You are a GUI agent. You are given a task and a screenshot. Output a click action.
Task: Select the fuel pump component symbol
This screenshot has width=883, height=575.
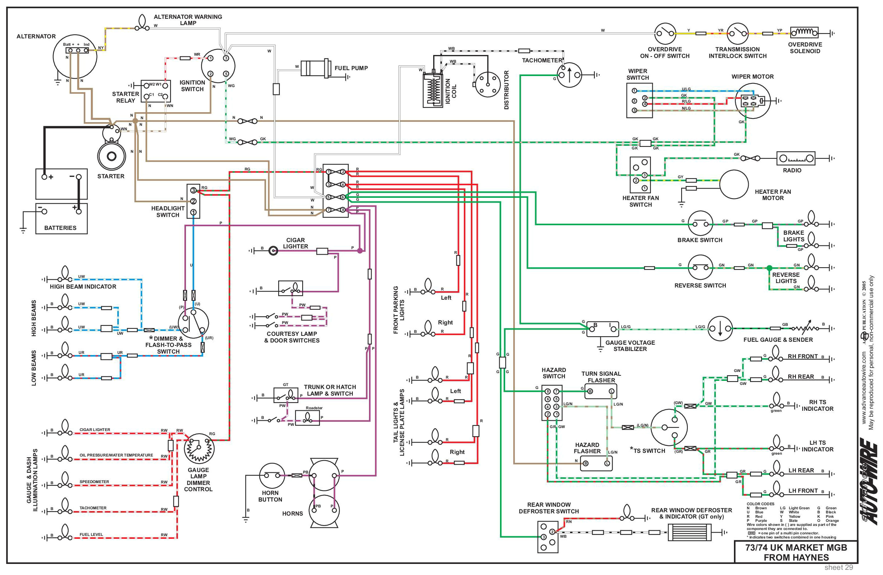tap(315, 68)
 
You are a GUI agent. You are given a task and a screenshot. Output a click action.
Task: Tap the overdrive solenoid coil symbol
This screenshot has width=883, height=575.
tap(804, 32)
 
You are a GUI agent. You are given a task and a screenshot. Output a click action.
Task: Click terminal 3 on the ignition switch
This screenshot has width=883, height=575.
tap(225, 58)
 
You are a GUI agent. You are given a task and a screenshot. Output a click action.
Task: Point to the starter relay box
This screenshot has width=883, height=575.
tap(156, 91)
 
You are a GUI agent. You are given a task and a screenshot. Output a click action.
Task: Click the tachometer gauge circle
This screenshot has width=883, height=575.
tap(569, 75)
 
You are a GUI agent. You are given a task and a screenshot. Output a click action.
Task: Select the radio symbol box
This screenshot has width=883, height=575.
tap(796, 159)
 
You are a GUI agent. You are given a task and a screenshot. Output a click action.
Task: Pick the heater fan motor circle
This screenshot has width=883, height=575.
tap(734, 185)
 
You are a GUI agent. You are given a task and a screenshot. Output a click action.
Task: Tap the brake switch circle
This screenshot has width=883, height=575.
tap(700, 224)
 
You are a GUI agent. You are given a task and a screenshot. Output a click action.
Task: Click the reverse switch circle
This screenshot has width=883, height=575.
tap(700, 268)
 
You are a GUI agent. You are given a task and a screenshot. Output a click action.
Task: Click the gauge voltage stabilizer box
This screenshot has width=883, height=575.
tap(602, 329)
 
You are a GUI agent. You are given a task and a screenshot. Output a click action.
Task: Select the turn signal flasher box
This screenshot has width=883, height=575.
tap(601, 391)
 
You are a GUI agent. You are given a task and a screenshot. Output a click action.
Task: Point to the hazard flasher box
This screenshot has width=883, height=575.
tap(596, 463)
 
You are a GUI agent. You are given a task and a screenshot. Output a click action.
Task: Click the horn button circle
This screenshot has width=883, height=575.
tap(272, 476)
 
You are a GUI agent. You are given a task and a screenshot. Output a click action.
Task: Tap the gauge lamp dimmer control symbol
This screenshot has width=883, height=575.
tap(199, 448)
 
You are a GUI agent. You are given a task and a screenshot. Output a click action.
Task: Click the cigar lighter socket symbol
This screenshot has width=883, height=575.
tap(274, 251)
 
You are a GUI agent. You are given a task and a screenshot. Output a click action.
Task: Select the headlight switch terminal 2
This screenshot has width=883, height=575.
tap(193, 202)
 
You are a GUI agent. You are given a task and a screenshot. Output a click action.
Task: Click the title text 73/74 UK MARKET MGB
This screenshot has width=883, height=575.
tap(796, 548)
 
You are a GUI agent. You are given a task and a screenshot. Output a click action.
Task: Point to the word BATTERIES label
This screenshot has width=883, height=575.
tap(60, 228)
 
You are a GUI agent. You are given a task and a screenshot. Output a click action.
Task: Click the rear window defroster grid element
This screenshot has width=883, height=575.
tap(689, 532)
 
